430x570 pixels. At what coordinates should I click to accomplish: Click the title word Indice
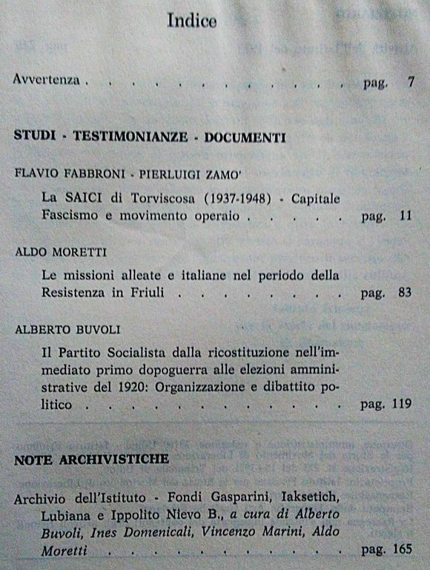[x=191, y=22]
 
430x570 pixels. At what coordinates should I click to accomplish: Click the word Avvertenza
[x=46, y=80]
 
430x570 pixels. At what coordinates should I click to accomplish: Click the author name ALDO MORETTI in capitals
[x=53, y=252]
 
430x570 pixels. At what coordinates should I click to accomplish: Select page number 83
[x=404, y=292]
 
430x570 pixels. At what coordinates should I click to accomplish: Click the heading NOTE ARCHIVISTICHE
[x=91, y=459]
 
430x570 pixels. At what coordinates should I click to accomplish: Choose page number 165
[x=401, y=550]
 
